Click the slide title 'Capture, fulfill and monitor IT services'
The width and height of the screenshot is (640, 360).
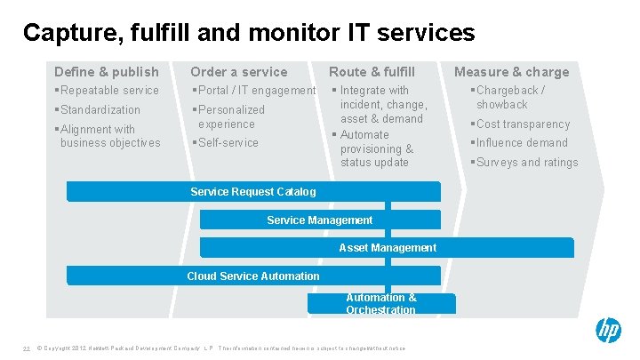(249, 33)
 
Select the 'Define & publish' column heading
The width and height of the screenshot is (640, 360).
(107, 72)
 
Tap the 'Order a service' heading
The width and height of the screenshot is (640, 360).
(239, 72)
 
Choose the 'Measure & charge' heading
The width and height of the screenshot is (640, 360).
(511, 72)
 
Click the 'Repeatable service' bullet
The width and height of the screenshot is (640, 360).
(107, 91)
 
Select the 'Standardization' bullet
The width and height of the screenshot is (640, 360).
(98, 110)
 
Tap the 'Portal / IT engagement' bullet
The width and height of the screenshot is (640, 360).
(253, 91)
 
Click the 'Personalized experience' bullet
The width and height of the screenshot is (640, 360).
(228, 117)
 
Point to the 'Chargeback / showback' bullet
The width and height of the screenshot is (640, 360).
(509, 98)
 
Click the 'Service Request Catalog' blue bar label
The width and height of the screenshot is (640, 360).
(253, 192)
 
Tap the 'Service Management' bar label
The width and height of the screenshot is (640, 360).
(320, 220)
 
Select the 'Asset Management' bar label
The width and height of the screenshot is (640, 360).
(388, 248)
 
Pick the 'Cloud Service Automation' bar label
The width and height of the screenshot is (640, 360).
(253, 276)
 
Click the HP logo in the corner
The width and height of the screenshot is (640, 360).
(608, 332)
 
